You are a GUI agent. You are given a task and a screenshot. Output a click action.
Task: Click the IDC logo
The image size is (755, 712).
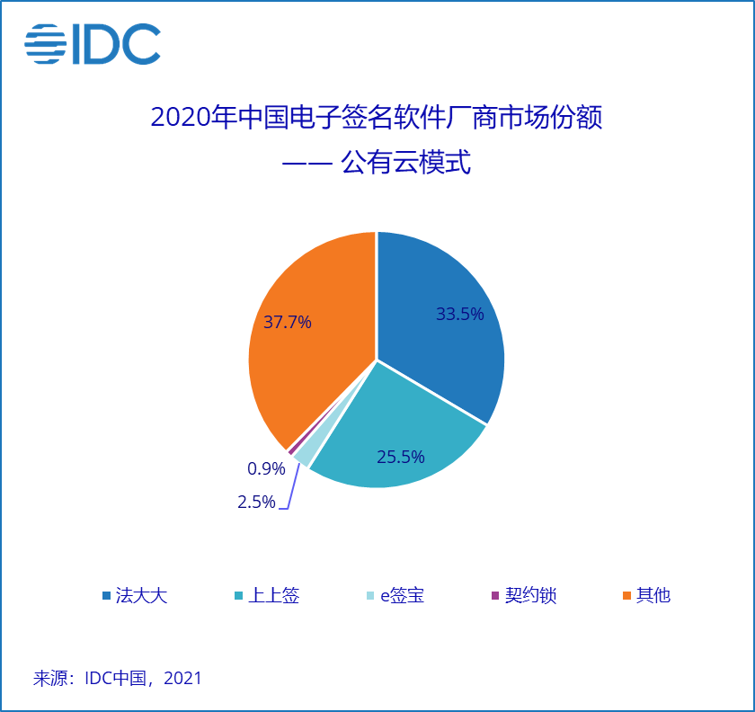pyautogui.click(x=93, y=44)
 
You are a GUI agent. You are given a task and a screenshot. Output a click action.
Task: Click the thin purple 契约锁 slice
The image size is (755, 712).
pyautogui.click(x=290, y=449)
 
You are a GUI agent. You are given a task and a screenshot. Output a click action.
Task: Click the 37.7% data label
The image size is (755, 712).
pyautogui.click(x=288, y=322)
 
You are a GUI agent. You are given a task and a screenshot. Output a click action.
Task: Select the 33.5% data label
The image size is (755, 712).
pyautogui.click(x=460, y=314)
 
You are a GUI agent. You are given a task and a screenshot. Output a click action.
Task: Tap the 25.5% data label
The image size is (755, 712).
pyautogui.click(x=400, y=458)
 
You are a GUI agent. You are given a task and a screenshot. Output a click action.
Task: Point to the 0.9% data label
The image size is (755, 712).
pyautogui.click(x=266, y=468)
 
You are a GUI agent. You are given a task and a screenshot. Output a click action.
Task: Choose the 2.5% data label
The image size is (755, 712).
pyautogui.click(x=256, y=503)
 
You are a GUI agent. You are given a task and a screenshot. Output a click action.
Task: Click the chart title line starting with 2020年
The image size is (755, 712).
pyautogui.click(x=377, y=118)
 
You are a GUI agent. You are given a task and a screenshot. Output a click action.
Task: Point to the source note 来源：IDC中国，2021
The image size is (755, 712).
pyautogui.click(x=118, y=678)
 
